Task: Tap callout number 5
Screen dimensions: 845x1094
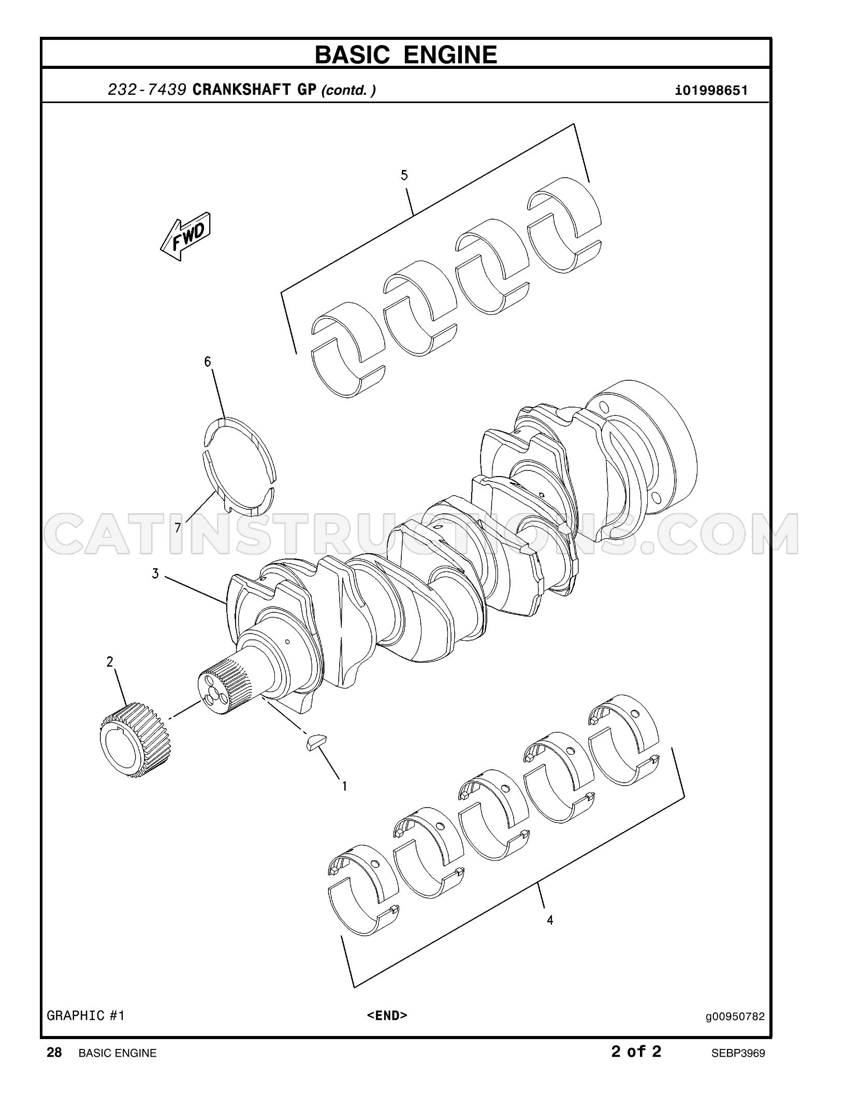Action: point(404,175)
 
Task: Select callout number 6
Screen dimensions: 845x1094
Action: point(208,362)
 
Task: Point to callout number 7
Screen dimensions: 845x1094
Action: point(178,528)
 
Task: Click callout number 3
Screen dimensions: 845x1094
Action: point(155,573)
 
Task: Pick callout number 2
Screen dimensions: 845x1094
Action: point(110,661)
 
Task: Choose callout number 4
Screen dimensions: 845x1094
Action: point(550,920)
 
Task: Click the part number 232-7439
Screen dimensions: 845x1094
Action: point(147,90)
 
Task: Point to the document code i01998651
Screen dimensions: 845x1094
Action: point(711,91)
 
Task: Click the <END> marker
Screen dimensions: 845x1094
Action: point(387,1015)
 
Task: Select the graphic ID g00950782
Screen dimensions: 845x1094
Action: point(735,1016)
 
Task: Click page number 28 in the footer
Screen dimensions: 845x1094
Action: point(54,1052)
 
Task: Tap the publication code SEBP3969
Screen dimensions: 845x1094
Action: point(738,1053)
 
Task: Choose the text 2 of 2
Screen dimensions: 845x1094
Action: point(636,1051)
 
